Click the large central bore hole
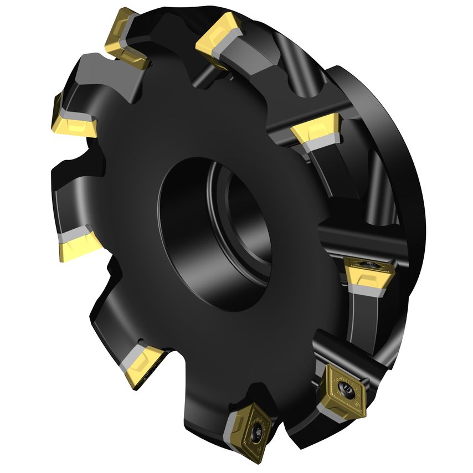(x=213, y=233)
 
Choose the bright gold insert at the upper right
(x=315, y=128)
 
